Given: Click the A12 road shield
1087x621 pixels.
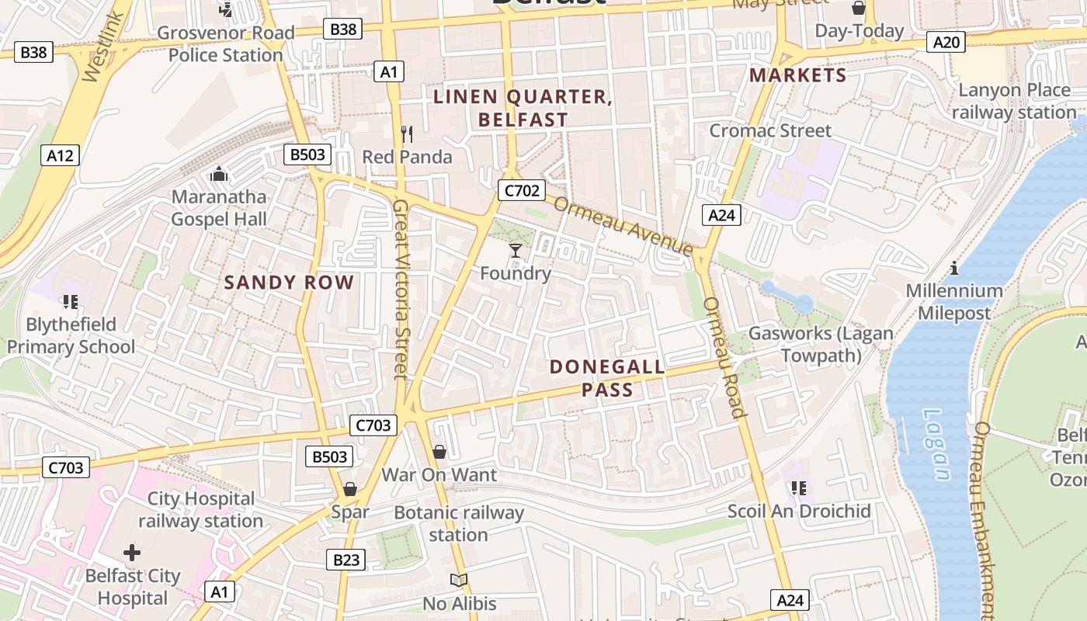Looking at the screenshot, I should click(60, 155).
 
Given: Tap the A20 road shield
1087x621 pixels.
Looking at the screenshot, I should click(946, 42).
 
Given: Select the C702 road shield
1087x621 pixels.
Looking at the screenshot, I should click(521, 190).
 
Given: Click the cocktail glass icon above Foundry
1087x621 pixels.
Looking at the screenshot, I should click(515, 250).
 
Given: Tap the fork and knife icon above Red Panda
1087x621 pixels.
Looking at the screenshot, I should click(406, 134).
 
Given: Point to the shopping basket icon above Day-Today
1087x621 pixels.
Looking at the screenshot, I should click(859, 9).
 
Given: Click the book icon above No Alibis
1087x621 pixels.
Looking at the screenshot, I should click(459, 580).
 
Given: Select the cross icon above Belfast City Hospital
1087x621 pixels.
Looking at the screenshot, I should click(132, 553).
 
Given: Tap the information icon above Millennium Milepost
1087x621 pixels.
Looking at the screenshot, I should click(954, 269).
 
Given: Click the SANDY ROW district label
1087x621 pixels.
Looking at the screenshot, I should click(289, 283).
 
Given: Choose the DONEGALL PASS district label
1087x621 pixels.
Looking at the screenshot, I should click(607, 377).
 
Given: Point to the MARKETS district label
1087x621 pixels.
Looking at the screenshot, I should click(797, 75).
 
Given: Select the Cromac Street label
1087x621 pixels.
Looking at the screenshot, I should click(770, 130).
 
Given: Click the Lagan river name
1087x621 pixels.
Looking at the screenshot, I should click(937, 444).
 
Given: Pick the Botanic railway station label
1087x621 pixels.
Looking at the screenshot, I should click(459, 523).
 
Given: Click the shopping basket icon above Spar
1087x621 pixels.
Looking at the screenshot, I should click(350, 489).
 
